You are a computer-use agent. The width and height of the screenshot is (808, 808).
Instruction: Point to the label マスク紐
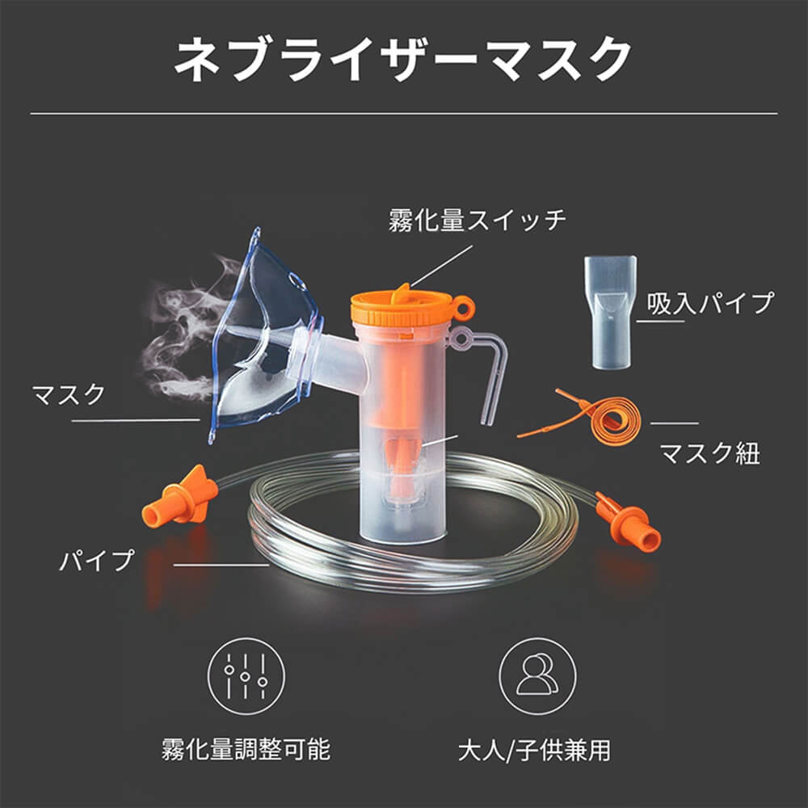click(709, 452)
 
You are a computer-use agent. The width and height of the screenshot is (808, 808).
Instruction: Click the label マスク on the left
click(68, 395)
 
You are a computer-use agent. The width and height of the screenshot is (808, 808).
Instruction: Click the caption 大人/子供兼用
click(534, 749)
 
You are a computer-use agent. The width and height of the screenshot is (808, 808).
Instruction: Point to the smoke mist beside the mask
click(182, 331)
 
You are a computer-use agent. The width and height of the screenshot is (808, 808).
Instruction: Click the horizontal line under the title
click(404, 113)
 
